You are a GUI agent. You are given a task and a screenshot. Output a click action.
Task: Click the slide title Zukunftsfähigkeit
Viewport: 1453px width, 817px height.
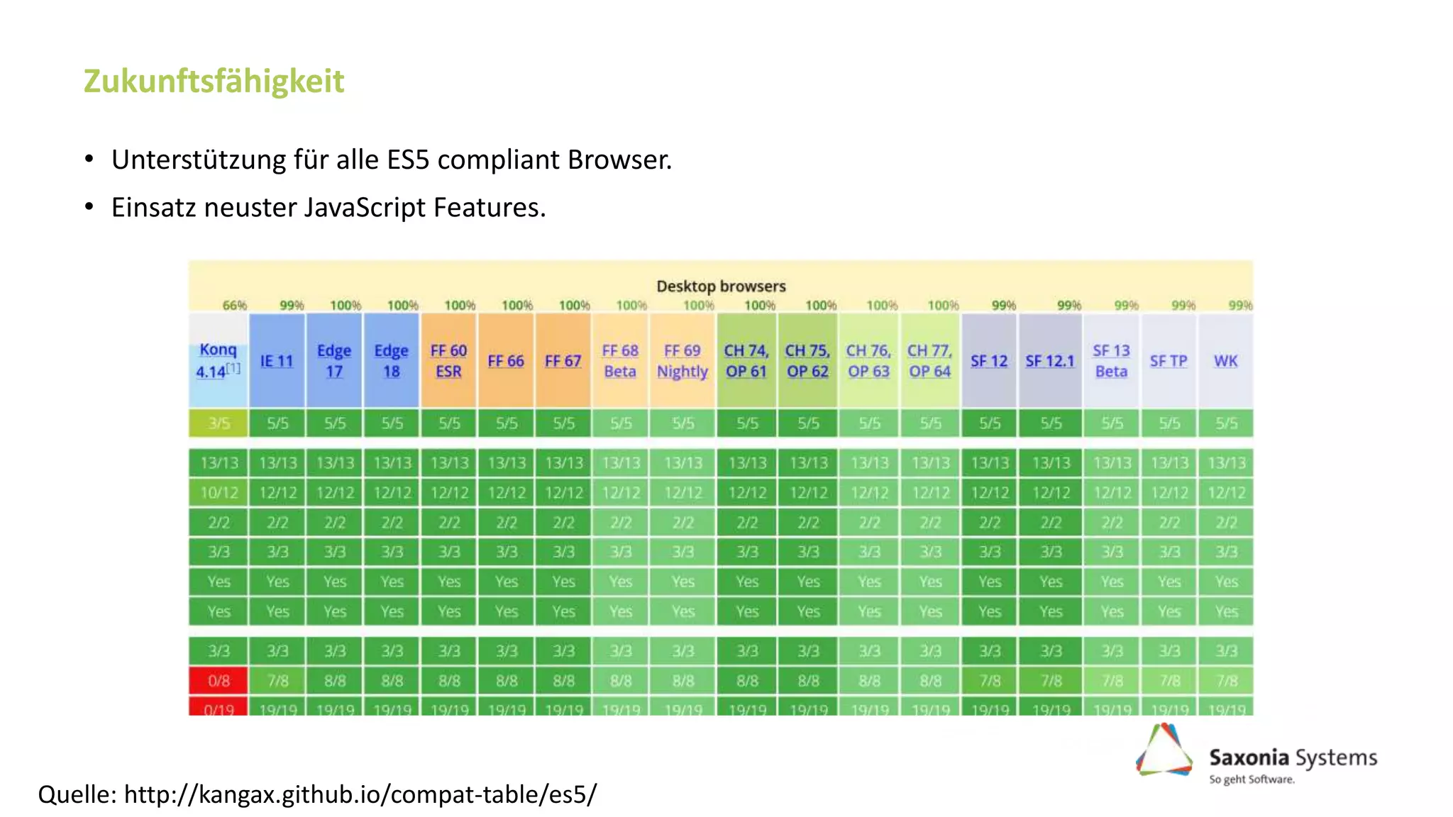(214, 81)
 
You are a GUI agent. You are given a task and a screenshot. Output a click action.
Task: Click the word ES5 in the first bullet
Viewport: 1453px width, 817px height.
(408, 160)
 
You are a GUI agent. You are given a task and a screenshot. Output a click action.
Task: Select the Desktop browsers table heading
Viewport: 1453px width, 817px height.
(721, 286)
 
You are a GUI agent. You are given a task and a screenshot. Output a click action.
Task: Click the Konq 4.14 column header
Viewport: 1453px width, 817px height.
(218, 360)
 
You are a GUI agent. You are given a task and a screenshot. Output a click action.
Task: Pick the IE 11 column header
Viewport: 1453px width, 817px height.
(277, 361)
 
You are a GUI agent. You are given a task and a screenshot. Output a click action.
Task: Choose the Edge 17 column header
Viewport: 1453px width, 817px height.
(334, 360)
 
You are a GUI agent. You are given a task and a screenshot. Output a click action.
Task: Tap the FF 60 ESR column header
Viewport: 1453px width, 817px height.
(448, 360)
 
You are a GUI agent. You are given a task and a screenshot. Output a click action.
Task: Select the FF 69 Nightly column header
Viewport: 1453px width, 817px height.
(682, 360)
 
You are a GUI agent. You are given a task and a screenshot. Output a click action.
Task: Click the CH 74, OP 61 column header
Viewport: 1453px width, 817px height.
(746, 360)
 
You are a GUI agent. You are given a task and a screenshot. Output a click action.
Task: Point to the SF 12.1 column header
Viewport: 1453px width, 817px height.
(1050, 361)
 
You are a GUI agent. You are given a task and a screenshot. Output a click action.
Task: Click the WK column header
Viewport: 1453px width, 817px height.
(1225, 361)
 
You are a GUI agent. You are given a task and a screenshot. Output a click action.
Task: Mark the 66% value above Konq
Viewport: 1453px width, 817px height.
(234, 306)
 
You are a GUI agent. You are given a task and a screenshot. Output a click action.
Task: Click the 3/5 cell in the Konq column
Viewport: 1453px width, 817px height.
(219, 423)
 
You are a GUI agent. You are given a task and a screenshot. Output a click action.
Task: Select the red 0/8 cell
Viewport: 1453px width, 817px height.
(219, 681)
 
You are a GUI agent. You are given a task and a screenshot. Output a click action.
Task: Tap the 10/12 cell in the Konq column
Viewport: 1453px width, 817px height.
(219, 492)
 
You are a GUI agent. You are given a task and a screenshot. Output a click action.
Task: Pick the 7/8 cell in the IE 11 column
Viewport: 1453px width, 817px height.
(277, 681)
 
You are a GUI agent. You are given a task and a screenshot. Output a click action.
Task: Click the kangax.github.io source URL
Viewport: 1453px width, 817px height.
(360, 794)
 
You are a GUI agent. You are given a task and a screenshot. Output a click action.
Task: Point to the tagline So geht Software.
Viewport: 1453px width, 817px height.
(1252, 779)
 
